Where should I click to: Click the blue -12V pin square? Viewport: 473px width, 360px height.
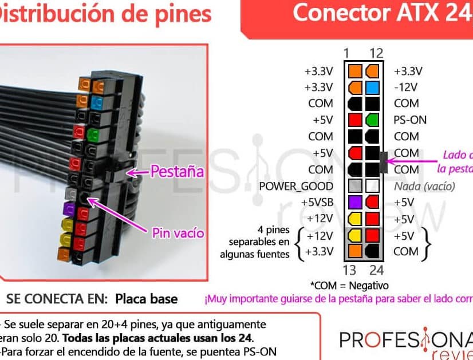point(372,88)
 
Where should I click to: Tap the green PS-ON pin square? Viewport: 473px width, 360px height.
point(372,120)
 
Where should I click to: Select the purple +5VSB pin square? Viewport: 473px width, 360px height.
point(355,202)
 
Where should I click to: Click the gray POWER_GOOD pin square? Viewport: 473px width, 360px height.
point(355,186)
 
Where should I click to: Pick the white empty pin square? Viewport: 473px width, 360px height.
point(372,186)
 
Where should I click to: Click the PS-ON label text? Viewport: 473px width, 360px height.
point(410,120)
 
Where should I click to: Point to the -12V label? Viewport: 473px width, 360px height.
point(406,88)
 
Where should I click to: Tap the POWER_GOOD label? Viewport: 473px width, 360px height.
point(296,186)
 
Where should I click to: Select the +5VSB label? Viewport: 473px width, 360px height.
point(317,202)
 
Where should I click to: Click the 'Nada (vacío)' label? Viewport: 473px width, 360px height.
point(424,186)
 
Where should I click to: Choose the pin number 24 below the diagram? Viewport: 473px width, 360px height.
point(376,270)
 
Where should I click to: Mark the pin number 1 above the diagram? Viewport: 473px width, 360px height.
point(346,54)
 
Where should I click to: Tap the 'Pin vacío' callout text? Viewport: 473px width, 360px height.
point(178,233)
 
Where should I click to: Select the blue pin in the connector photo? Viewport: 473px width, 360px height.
point(97,104)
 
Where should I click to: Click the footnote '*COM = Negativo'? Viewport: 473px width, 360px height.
point(349,285)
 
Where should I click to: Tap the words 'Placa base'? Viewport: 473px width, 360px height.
point(146,299)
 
